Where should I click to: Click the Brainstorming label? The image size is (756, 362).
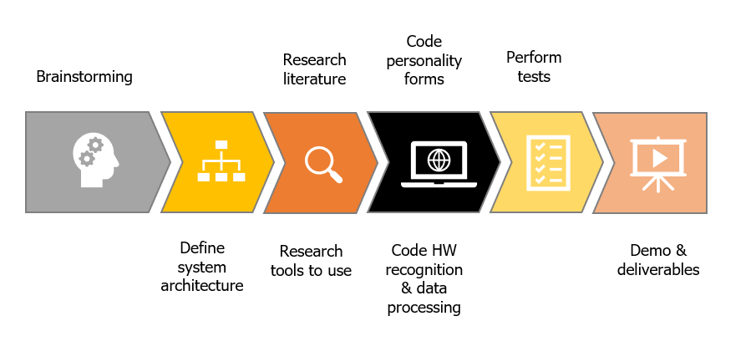click(84, 77)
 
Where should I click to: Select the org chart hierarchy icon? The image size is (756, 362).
click(221, 161)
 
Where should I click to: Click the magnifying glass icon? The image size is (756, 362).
click(323, 162)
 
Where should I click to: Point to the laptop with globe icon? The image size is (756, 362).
click(438, 162)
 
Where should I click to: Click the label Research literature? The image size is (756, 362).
click(314, 69)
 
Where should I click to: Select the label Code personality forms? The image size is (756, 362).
click(424, 60)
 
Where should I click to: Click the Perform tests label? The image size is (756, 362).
click(534, 68)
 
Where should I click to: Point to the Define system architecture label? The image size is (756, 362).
click(202, 267)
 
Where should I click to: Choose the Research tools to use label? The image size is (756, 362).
click(311, 261)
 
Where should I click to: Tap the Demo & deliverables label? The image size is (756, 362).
click(665, 259)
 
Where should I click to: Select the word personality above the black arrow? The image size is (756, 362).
click(424, 60)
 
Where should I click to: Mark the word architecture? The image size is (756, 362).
click(202, 286)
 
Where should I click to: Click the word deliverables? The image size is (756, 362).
click(665, 269)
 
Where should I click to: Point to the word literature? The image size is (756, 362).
click(314, 79)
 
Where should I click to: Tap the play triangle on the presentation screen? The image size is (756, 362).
click(658, 156)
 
